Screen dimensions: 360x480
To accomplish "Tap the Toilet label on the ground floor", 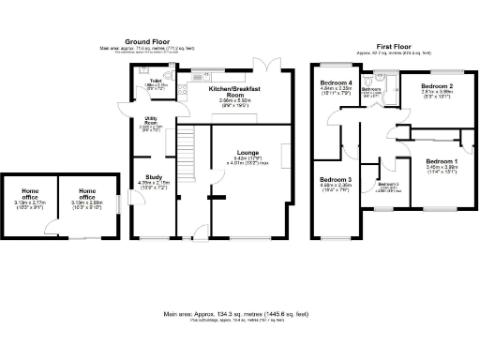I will (x=157, y=82).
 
